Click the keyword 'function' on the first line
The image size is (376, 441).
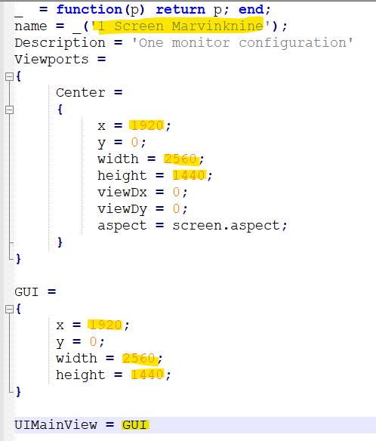89,10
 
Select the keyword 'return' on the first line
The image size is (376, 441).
180,10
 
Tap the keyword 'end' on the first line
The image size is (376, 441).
251,10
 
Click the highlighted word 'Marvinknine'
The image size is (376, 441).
217,26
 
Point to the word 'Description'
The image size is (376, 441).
60,43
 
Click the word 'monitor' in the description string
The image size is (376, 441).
201,43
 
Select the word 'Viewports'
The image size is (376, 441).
52,60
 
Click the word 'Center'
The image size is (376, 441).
81,93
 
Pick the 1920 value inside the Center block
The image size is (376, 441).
147,125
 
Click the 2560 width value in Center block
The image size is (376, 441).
180,159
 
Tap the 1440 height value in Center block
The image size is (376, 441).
189,175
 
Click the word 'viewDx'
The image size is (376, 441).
122,193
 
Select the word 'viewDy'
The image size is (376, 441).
122,209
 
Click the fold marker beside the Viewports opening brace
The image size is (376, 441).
9,76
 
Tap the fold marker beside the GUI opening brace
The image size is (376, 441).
9,310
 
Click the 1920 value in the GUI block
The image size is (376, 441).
106,325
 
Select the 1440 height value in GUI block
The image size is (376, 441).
147,375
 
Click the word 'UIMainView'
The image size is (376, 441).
56,425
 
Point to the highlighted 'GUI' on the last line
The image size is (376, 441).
134,425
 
